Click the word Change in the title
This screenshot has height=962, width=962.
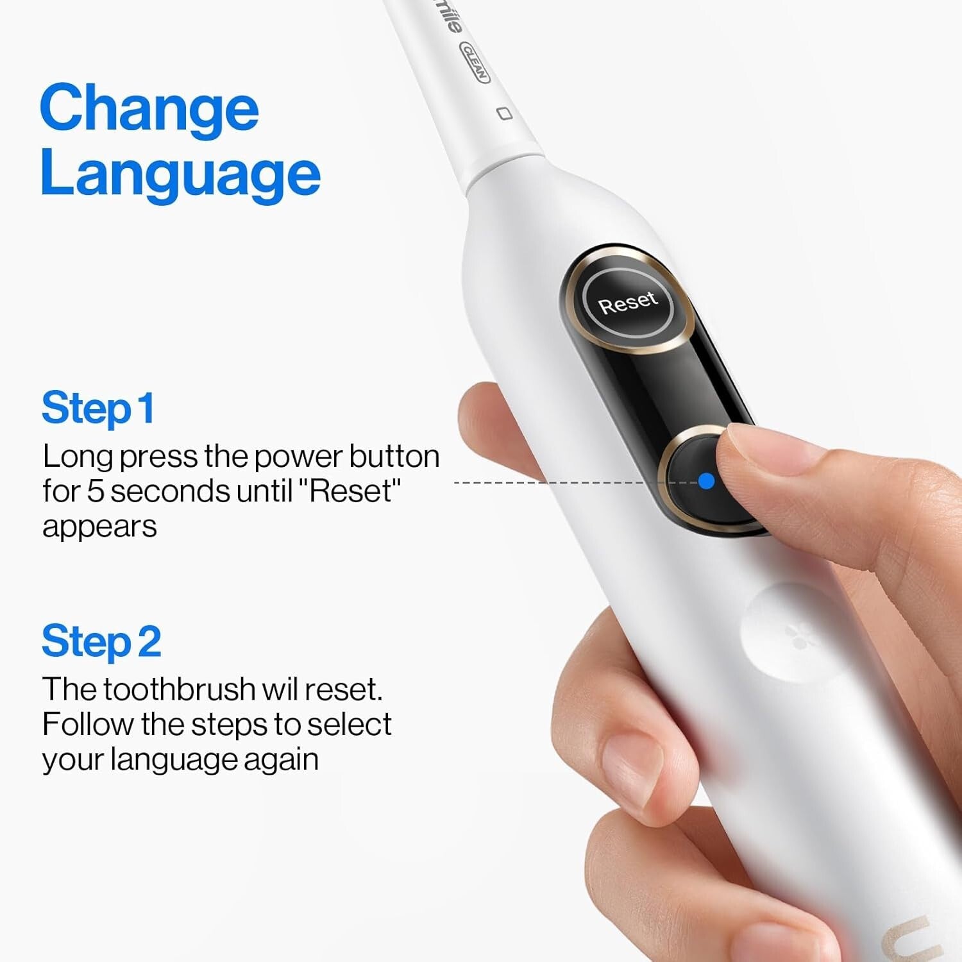pyautogui.click(x=149, y=108)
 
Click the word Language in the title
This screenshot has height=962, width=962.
pyautogui.click(x=180, y=174)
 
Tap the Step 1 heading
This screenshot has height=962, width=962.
pyautogui.click(x=97, y=408)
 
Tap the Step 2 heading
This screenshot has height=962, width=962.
pyautogui.click(x=101, y=641)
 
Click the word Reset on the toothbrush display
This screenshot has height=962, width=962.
pyautogui.click(x=628, y=303)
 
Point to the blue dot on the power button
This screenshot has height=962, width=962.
pyautogui.click(x=706, y=481)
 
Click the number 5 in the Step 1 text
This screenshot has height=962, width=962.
pyautogui.click(x=95, y=491)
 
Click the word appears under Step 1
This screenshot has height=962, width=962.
pyautogui.click(x=99, y=527)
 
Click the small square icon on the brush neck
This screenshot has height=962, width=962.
pyautogui.click(x=505, y=114)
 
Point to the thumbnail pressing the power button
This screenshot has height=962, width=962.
pyautogui.click(x=747, y=449)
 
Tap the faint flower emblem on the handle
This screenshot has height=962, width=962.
pyautogui.click(x=799, y=634)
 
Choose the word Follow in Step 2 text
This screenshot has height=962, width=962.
pyautogui.click(x=88, y=725)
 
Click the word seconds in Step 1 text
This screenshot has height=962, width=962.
pyautogui.click(x=170, y=491)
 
